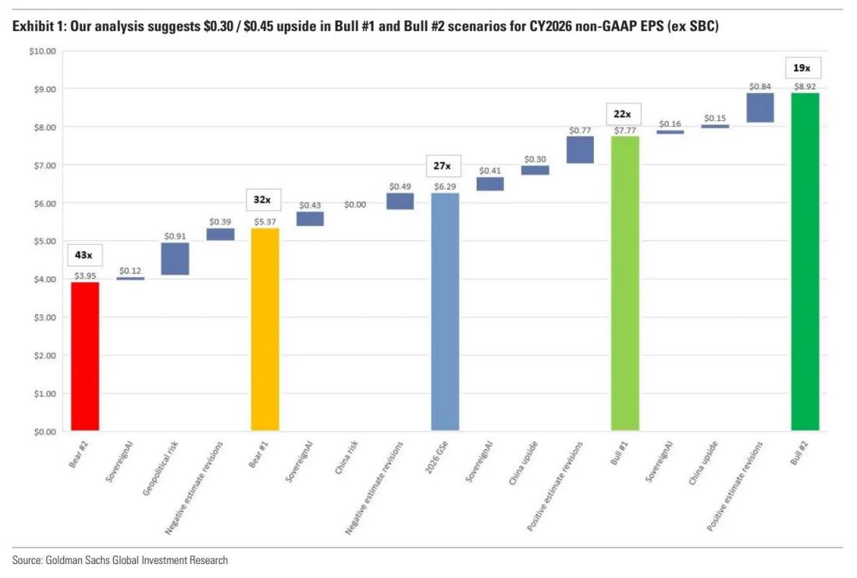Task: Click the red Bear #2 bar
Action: click(x=85, y=356)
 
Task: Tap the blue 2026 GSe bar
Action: click(x=445, y=312)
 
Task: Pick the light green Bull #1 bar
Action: click(x=624, y=284)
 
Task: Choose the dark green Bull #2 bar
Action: click(x=805, y=262)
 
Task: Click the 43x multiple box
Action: click(x=84, y=255)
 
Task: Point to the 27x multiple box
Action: click(x=443, y=166)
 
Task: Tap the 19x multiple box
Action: click(x=804, y=68)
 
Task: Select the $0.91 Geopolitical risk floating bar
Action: click(x=175, y=259)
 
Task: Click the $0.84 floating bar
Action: click(x=760, y=108)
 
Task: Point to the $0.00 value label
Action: click(x=355, y=204)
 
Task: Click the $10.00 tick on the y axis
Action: click(x=42, y=51)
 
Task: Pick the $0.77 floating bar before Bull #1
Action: click(x=580, y=150)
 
